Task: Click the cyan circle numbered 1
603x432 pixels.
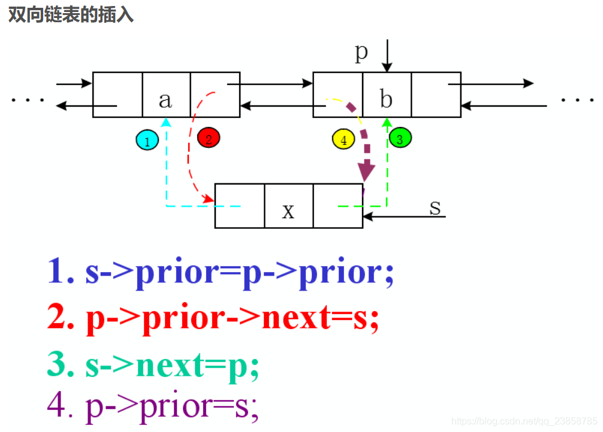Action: tap(147, 141)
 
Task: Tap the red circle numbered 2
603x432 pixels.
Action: tap(208, 138)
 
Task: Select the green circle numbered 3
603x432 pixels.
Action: tap(400, 138)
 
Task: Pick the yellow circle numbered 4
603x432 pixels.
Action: tap(343, 140)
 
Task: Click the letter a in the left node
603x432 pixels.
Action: tap(165, 99)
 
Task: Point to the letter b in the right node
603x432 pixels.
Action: tap(387, 98)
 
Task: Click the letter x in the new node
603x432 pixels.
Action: tap(288, 210)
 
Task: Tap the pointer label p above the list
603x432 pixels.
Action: tap(361, 52)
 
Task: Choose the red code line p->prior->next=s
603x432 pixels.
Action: tap(213, 318)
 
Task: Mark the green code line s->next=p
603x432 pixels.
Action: tap(153, 365)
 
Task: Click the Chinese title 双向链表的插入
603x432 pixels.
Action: tap(70, 15)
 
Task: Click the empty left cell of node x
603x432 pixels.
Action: tap(239, 206)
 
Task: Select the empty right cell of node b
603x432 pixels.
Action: tap(436, 95)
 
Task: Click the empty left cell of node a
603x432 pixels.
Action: tap(117, 95)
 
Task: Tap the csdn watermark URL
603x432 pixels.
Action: tap(524, 421)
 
